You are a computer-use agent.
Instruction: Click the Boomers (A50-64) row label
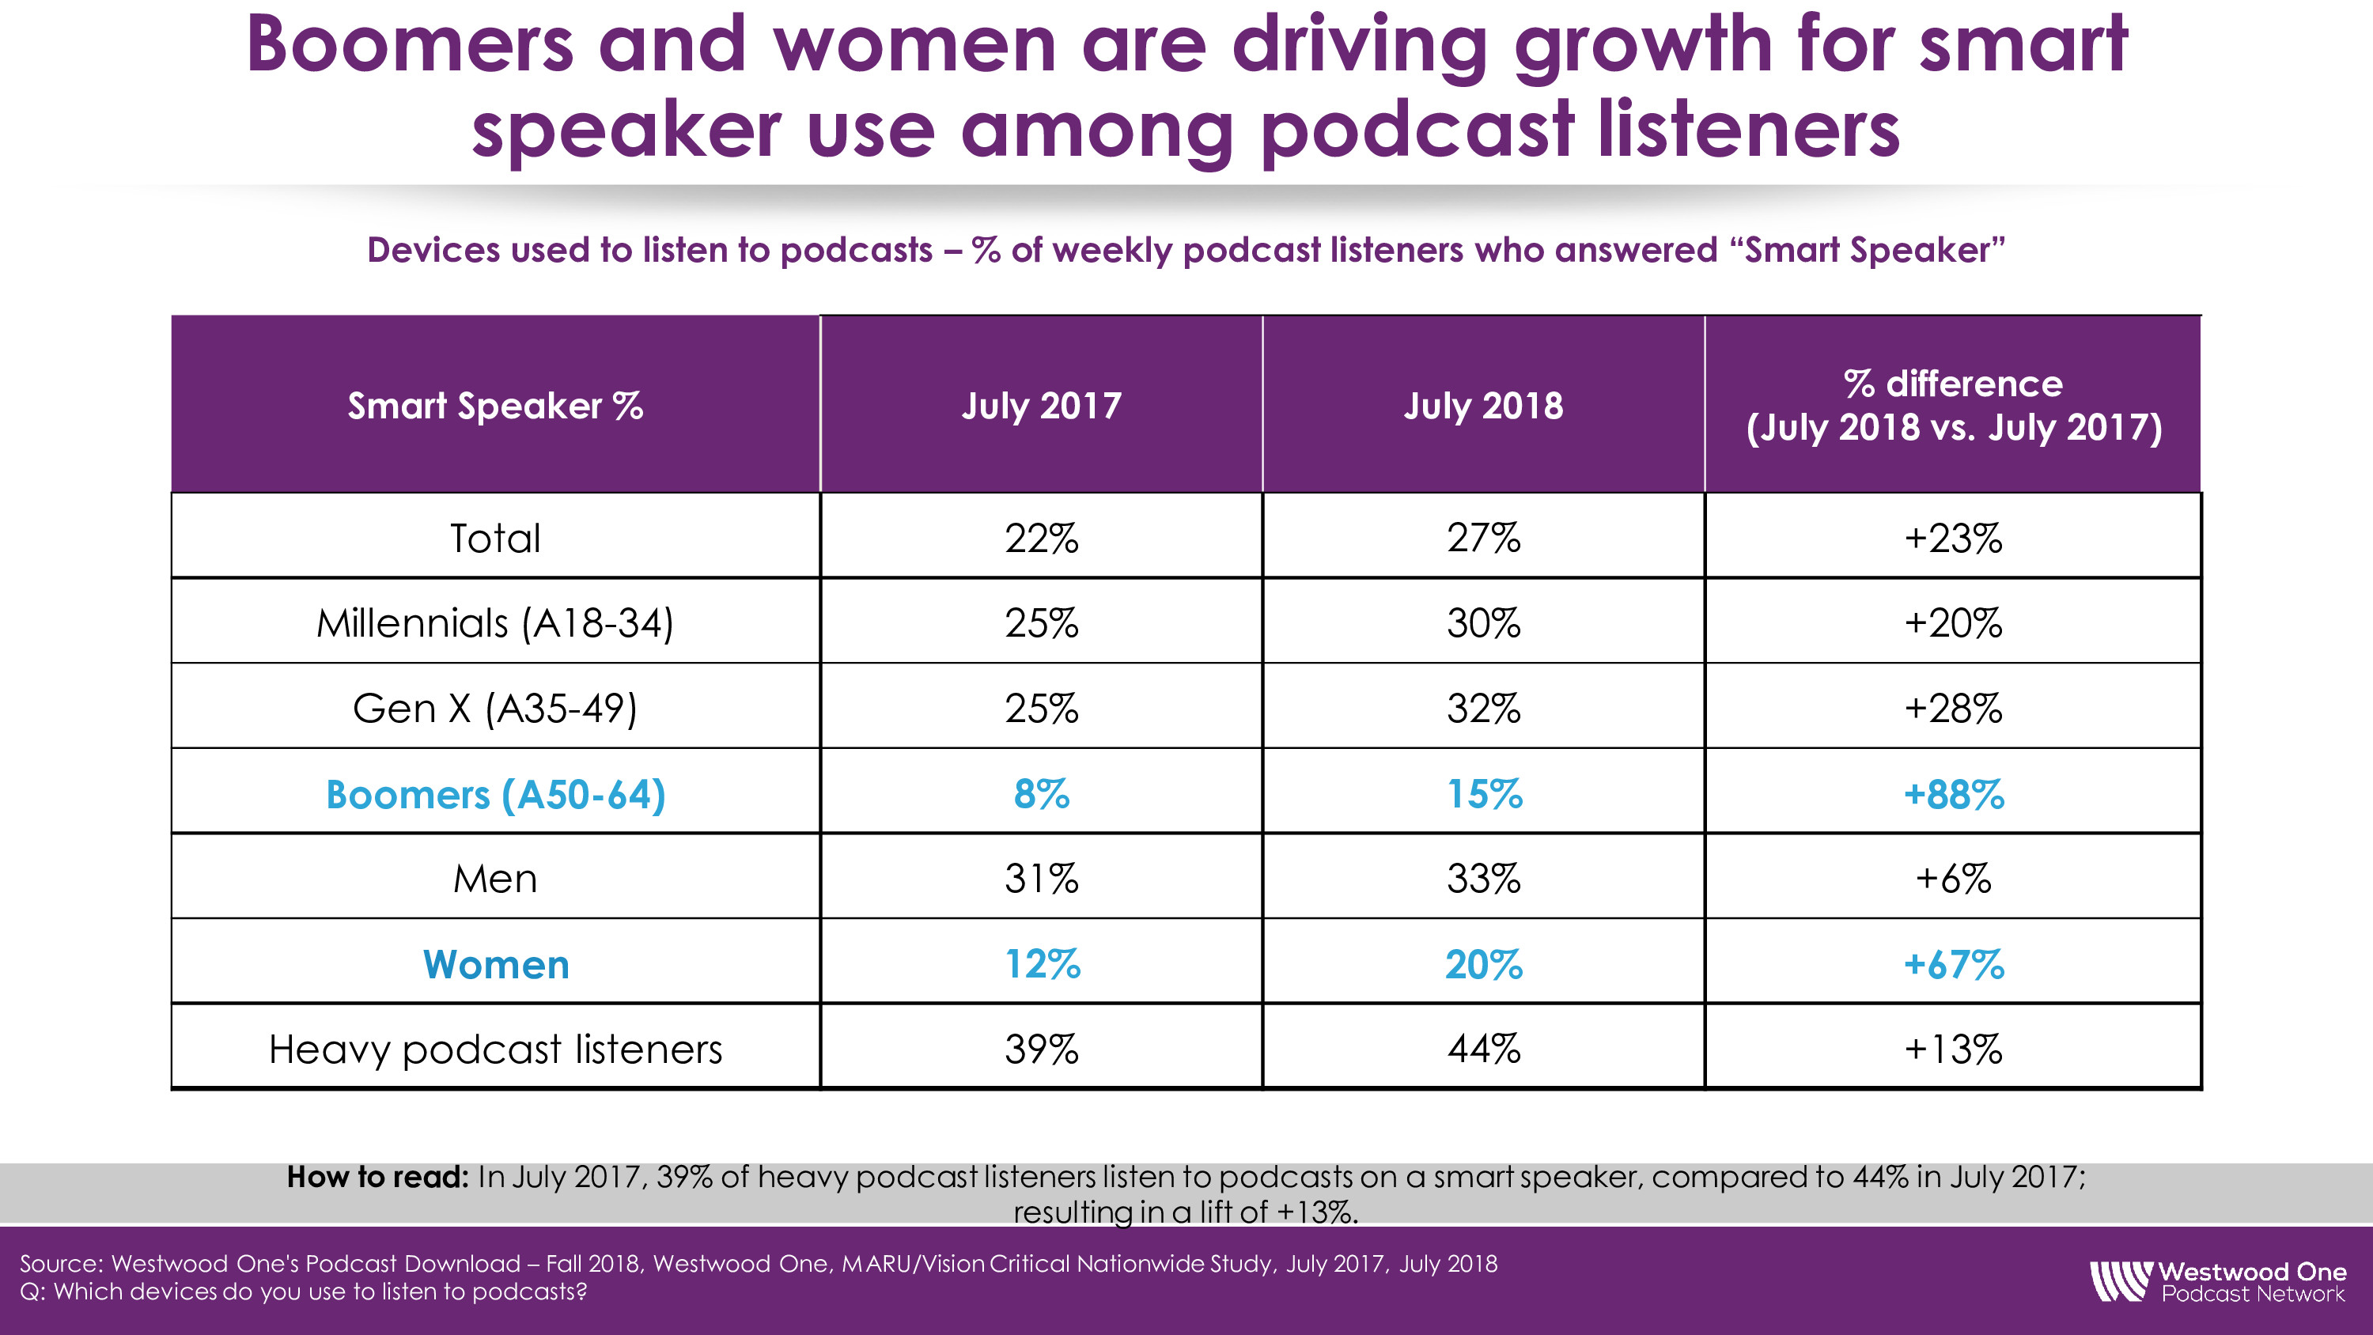coord(496,794)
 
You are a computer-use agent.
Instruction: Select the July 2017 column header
coord(1041,406)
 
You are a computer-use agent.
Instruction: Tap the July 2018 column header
coord(1483,406)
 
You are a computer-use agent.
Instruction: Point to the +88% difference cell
coord(1953,794)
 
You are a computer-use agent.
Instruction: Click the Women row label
coord(496,965)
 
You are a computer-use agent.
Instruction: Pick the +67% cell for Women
coord(1953,965)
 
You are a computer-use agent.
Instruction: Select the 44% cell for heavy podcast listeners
coord(1483,1049)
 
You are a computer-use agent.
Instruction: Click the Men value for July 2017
coord(1041,879)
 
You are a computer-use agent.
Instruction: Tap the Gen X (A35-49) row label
coord(496,709)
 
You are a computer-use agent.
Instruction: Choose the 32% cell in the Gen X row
coord(1483,709)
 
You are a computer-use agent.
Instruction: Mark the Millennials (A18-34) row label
coord(496,624)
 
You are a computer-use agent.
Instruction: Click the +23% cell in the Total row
coord(1953,538)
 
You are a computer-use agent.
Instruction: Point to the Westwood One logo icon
coord(2120,1281)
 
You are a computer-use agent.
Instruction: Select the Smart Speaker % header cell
coord(496,406)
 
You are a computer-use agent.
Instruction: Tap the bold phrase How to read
coord(377,1178)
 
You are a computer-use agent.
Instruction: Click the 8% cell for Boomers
coord(1041,794)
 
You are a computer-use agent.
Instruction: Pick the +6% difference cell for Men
coord(1953,879)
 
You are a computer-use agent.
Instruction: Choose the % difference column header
coord(1953,406)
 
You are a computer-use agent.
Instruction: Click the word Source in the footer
coord(60,1264)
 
